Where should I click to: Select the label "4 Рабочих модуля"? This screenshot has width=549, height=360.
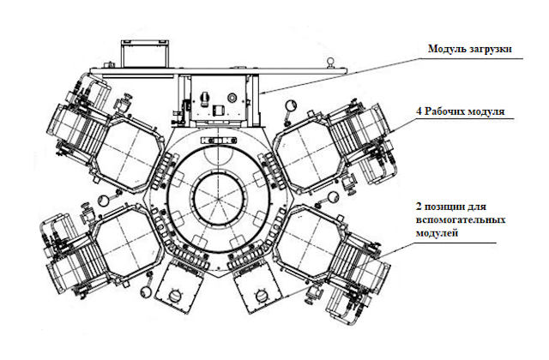461,111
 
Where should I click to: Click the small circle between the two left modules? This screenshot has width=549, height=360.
105,199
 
